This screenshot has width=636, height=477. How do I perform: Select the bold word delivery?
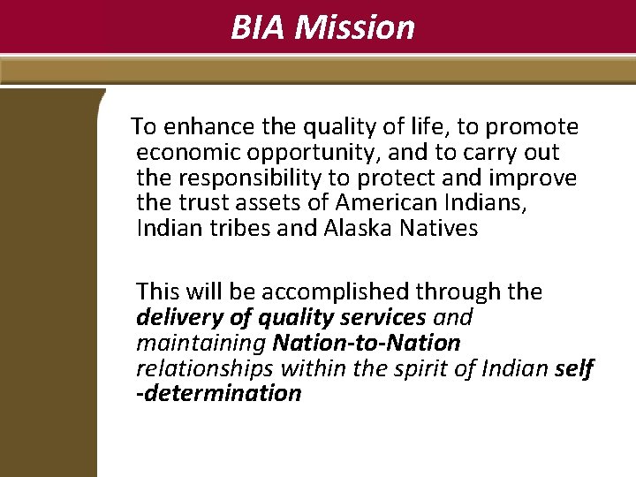click(175, 317)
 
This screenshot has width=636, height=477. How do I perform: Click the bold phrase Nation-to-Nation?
click(367, 343)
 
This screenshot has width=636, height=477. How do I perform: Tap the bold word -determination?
click(218, 394)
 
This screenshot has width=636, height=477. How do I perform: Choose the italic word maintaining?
click(201, 343)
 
